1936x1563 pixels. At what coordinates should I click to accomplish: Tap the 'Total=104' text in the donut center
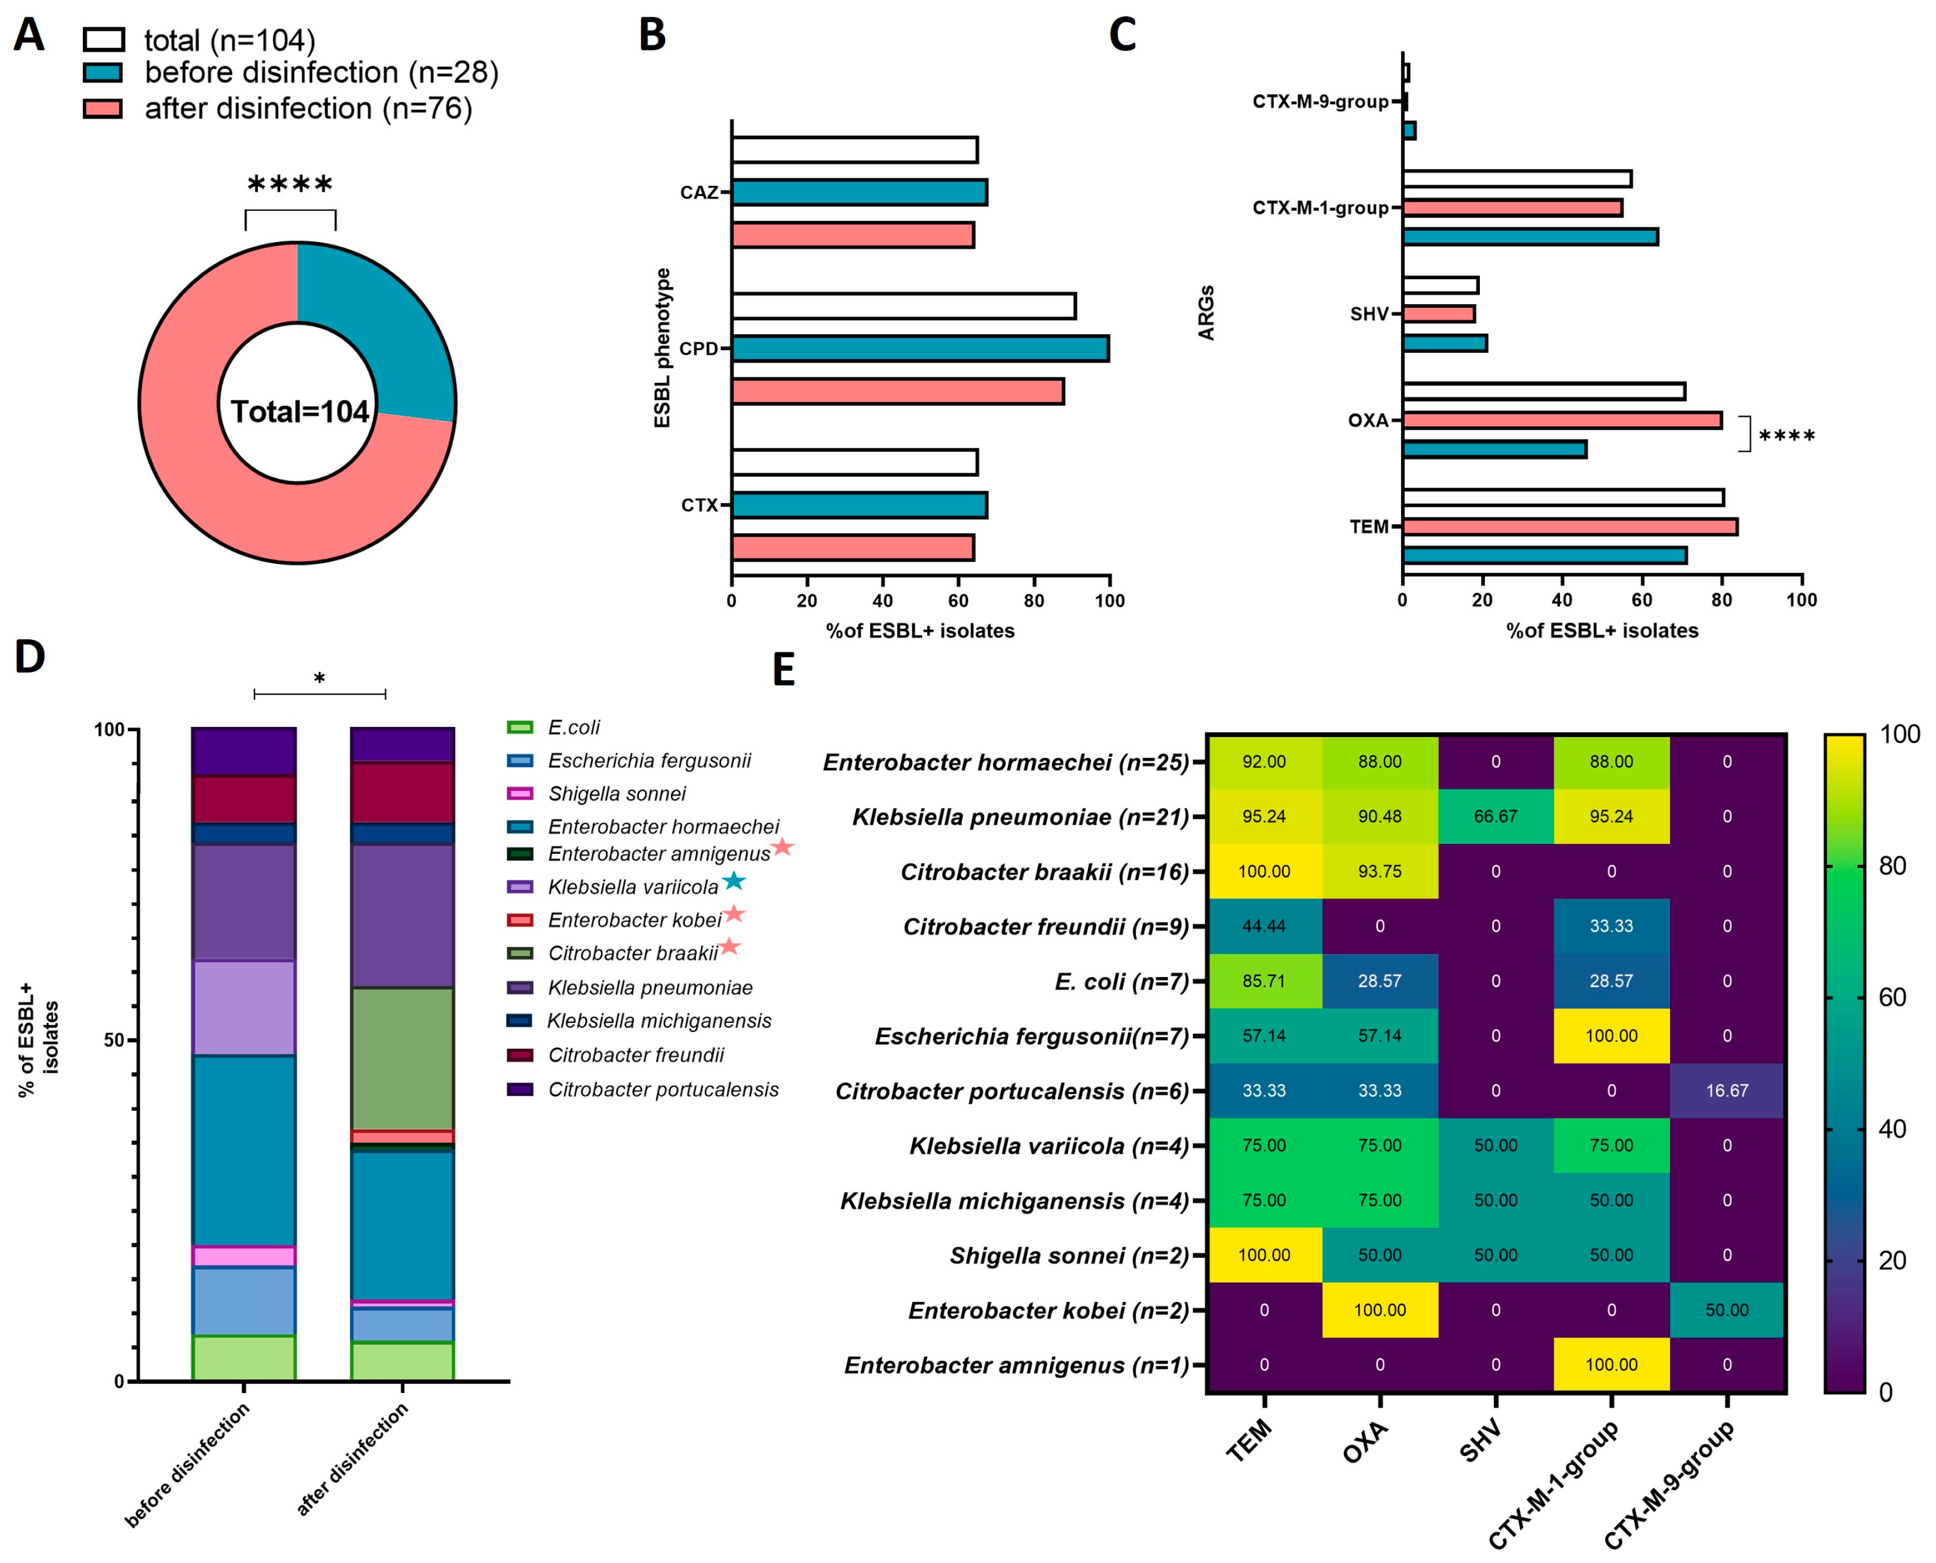[300, 411]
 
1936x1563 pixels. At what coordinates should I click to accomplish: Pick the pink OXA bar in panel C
[1562, 419]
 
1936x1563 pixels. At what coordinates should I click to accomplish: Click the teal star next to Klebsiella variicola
[735, 880]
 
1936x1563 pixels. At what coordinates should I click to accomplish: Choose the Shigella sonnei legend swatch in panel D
[520, 793]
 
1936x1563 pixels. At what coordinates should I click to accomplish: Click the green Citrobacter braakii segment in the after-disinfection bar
[402, 1058]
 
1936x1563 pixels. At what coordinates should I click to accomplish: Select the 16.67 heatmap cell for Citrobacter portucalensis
[1726, 1090]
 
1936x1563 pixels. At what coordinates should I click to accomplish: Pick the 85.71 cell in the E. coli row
[1263, 980]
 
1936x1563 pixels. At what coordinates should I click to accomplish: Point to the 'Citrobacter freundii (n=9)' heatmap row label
[1046, 926]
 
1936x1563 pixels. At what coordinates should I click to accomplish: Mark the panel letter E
[784, 670]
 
